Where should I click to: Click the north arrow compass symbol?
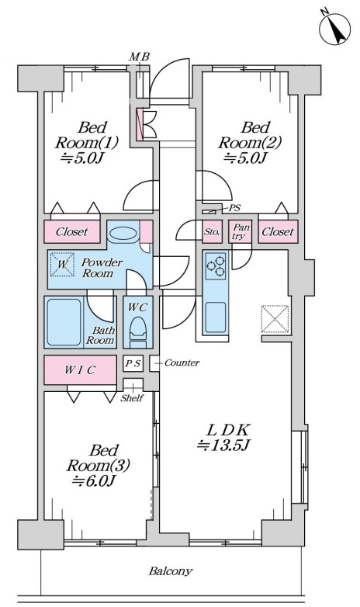coord(335,29)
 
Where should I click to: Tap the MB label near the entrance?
coord(140,57)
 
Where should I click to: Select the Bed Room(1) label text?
coord(86,143)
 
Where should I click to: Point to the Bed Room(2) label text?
coord(249,143)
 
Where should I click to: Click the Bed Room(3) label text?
coord(98,466)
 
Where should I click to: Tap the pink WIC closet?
coord(80,369)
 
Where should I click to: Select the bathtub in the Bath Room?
coord(64,322)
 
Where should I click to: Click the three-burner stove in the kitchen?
coord(216,265)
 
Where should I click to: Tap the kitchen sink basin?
coord(216,317)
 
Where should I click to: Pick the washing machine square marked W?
coord(62,265)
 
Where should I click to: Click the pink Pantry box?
coord(240,231)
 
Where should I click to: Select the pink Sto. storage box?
coord(212,231)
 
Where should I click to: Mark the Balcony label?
coord(171,571)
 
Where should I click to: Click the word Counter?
coord(182,362)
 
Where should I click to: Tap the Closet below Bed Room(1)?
coord(72,231)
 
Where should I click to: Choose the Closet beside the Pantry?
coord(278,231)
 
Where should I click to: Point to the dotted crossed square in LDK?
coord(275,319)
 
